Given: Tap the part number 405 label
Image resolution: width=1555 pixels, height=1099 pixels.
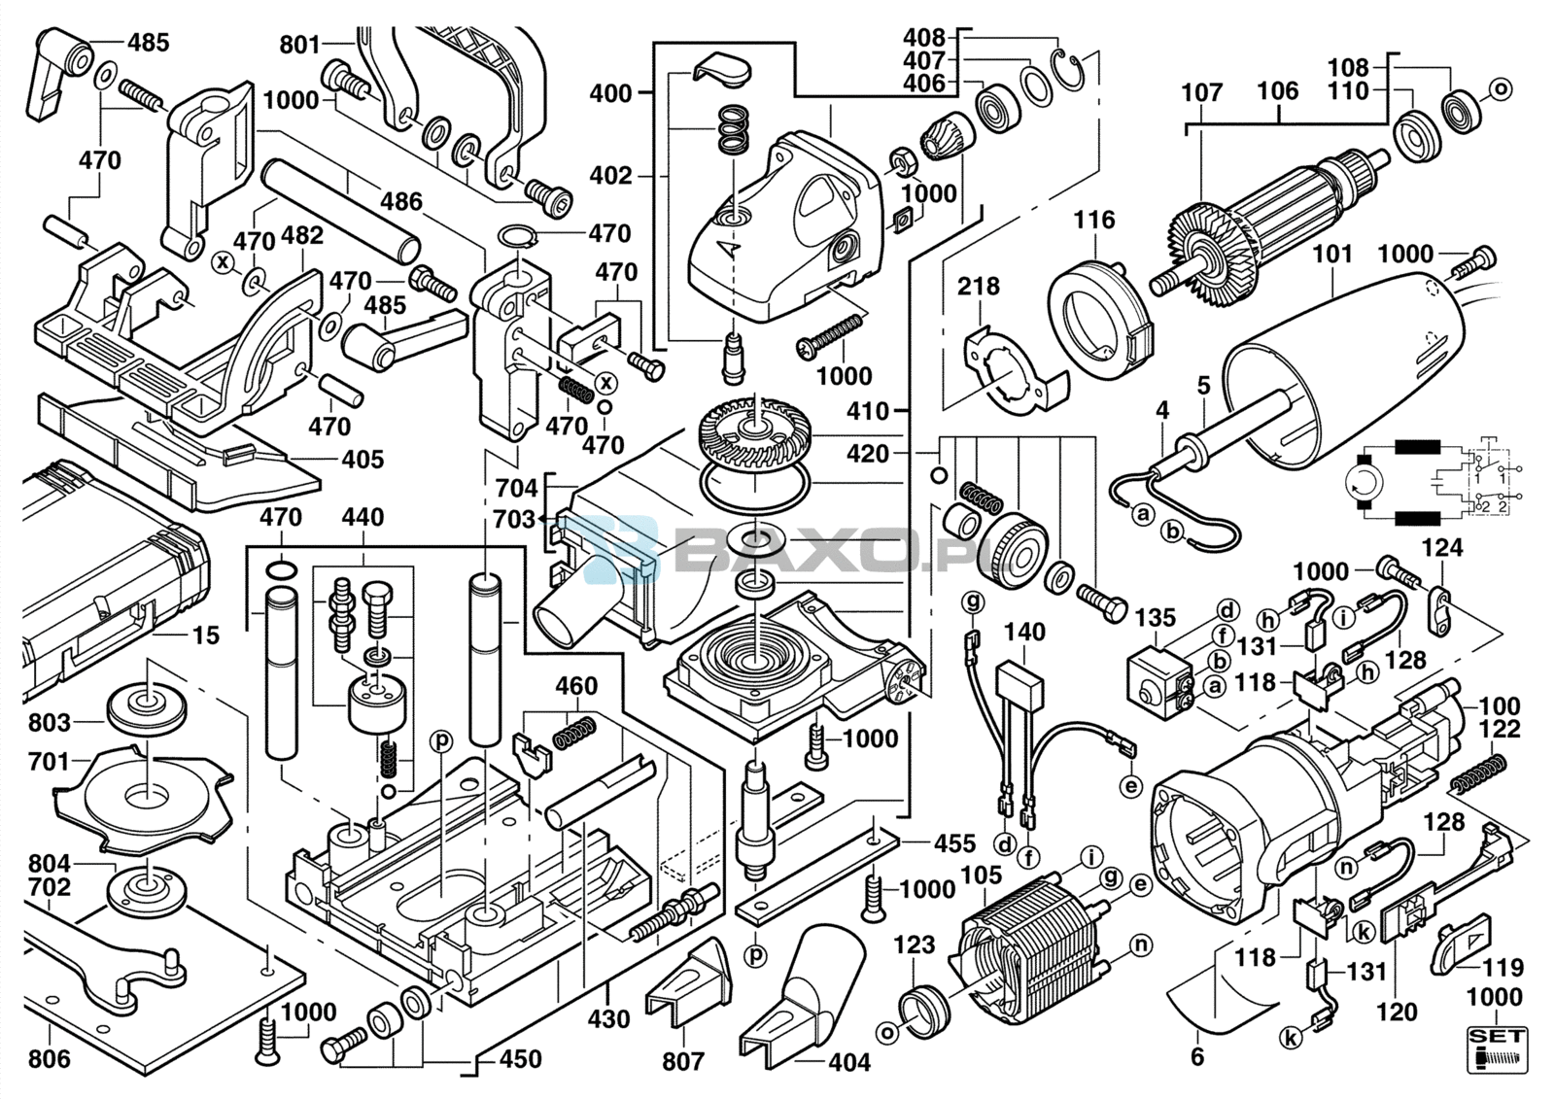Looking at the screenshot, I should [363, 459].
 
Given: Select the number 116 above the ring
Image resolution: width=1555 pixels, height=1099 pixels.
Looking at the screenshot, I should [1094, 220].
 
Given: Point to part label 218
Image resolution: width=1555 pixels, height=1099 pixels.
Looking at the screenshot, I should [978, 287].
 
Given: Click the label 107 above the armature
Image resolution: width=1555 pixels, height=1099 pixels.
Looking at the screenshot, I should [1201, 93].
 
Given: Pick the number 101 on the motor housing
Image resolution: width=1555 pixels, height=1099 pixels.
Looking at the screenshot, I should [1332, 254].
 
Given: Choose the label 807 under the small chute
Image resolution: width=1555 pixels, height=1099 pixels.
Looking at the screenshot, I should [682, 1061].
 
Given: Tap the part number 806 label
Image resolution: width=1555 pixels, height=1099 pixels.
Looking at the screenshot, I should [49, 1057].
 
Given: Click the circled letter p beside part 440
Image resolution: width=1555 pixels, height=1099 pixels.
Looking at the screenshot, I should [442, 741].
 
